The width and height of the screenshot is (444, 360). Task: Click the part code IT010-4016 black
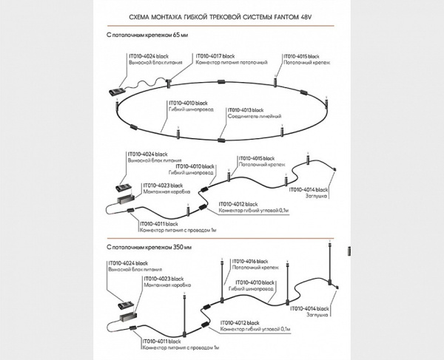coord(254,261)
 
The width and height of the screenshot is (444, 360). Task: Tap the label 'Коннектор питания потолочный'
coord(223,63)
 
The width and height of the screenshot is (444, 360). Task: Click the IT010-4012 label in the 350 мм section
coord(238,323)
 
